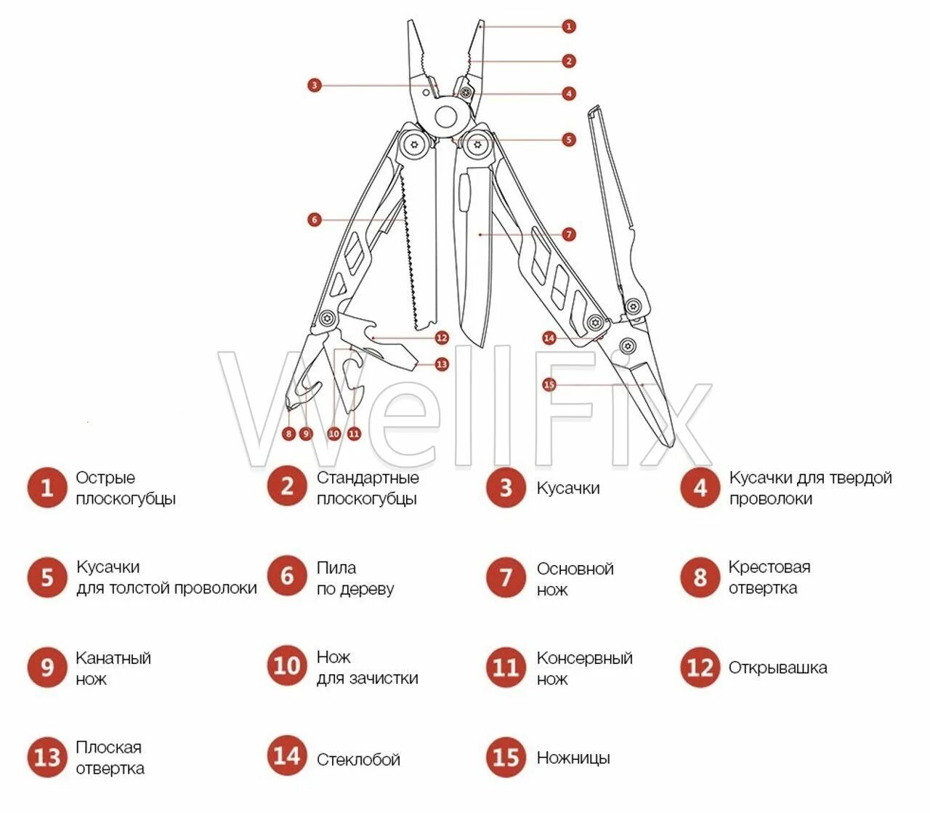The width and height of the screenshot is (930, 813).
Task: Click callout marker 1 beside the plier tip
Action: [x=569, y=26]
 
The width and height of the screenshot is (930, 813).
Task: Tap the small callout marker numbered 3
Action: [x=314, y=85]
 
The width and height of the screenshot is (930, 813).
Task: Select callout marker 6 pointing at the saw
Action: [x=314, y=219]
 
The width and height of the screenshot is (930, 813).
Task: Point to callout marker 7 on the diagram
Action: [x=569, y=234]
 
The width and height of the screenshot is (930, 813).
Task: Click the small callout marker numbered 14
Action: [x=549, y=337]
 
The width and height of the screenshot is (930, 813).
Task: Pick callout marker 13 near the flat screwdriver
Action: [x=442, y=364]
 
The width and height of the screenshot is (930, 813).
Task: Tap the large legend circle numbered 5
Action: [x=47, y=577]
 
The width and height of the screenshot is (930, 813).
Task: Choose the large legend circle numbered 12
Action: [x=700, y=667]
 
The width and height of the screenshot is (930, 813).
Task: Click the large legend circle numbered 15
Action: [x=506, y=757]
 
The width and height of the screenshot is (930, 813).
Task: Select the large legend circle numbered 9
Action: [x=47, y=667]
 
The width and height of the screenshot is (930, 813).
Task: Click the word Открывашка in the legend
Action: [x=777, y=668]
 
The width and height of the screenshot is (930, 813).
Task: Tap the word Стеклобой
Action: [x=358, y=760]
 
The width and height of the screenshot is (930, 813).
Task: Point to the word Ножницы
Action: [x=573, y=758]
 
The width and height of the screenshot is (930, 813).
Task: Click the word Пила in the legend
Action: [x=336, y=567]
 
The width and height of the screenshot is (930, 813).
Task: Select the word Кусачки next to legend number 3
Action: [x=568, y=488]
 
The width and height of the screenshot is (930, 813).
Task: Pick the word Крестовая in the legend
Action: [x=769, y=567]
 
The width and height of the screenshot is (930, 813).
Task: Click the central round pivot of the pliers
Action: [x=445, y=116]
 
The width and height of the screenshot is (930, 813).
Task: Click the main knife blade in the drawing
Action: [x=476, y=262]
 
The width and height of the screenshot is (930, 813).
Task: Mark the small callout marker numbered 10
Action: [x=334, y=434]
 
